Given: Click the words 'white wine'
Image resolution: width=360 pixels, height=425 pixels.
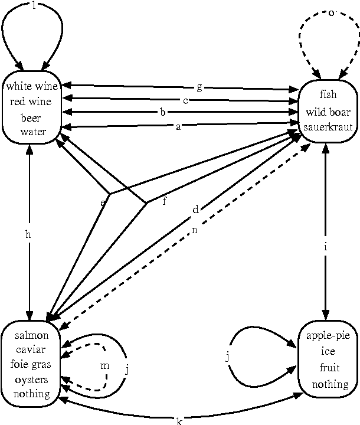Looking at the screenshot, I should (32, 87).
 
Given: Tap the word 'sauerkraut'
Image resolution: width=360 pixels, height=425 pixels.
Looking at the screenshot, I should (328, 127).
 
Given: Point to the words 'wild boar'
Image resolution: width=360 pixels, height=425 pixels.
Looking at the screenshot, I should (328, 112).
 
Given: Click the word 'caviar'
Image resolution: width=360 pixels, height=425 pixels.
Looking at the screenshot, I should (32, 351).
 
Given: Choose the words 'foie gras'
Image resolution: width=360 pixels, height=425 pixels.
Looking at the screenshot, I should (31, 365).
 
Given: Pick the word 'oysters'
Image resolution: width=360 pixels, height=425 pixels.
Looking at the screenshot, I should (32, 379).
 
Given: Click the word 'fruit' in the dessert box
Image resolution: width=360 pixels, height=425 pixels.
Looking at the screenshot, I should (329, 368).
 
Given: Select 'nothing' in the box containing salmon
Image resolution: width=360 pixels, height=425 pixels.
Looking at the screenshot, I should (32, 394).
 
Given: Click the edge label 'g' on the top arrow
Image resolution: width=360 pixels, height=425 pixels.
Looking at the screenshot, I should (199, 87).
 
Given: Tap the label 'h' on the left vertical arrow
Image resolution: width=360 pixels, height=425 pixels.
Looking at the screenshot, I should (28, 234).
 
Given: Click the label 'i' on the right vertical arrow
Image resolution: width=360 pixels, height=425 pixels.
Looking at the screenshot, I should (325, 247).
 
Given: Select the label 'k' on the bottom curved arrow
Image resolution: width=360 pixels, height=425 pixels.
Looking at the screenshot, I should (179, 420).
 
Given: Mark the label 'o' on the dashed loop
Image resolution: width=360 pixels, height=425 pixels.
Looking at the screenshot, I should (331, 13).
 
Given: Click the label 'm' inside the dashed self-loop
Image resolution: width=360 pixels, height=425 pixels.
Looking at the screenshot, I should (104, 366).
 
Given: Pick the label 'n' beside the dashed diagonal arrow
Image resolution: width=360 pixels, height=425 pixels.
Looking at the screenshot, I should (194, 230).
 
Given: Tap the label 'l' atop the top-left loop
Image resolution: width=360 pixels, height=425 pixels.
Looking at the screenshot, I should (34, 5).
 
